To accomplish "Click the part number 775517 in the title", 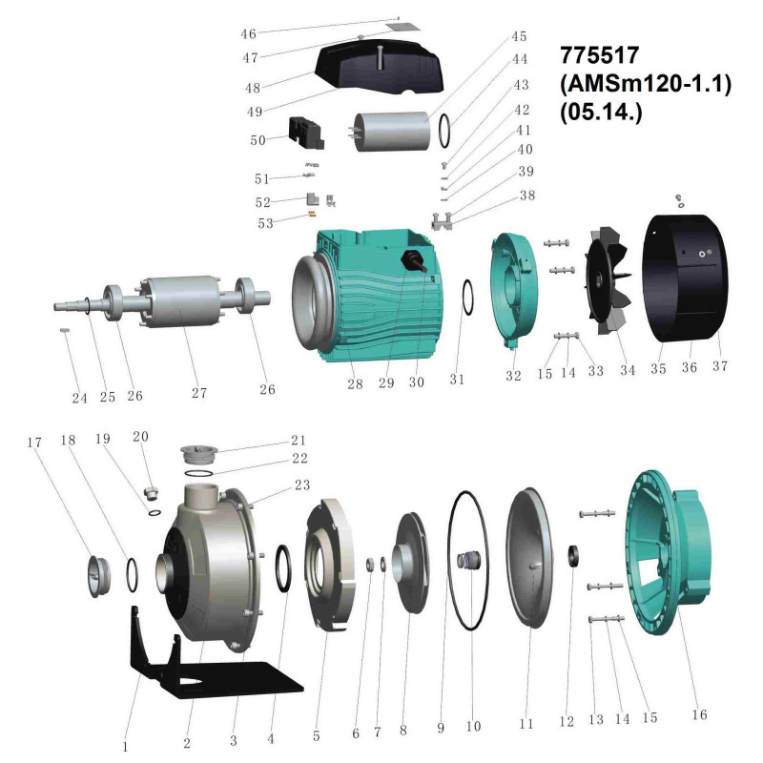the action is [x=599, y=55].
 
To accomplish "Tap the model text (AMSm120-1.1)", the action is [x=646, y=84].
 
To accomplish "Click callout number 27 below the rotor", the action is [x=199, y=393].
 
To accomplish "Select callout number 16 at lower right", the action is [x=699, y=714].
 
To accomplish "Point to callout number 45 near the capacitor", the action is [x=519, y=36].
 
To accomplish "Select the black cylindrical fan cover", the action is [x=685, y=278].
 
